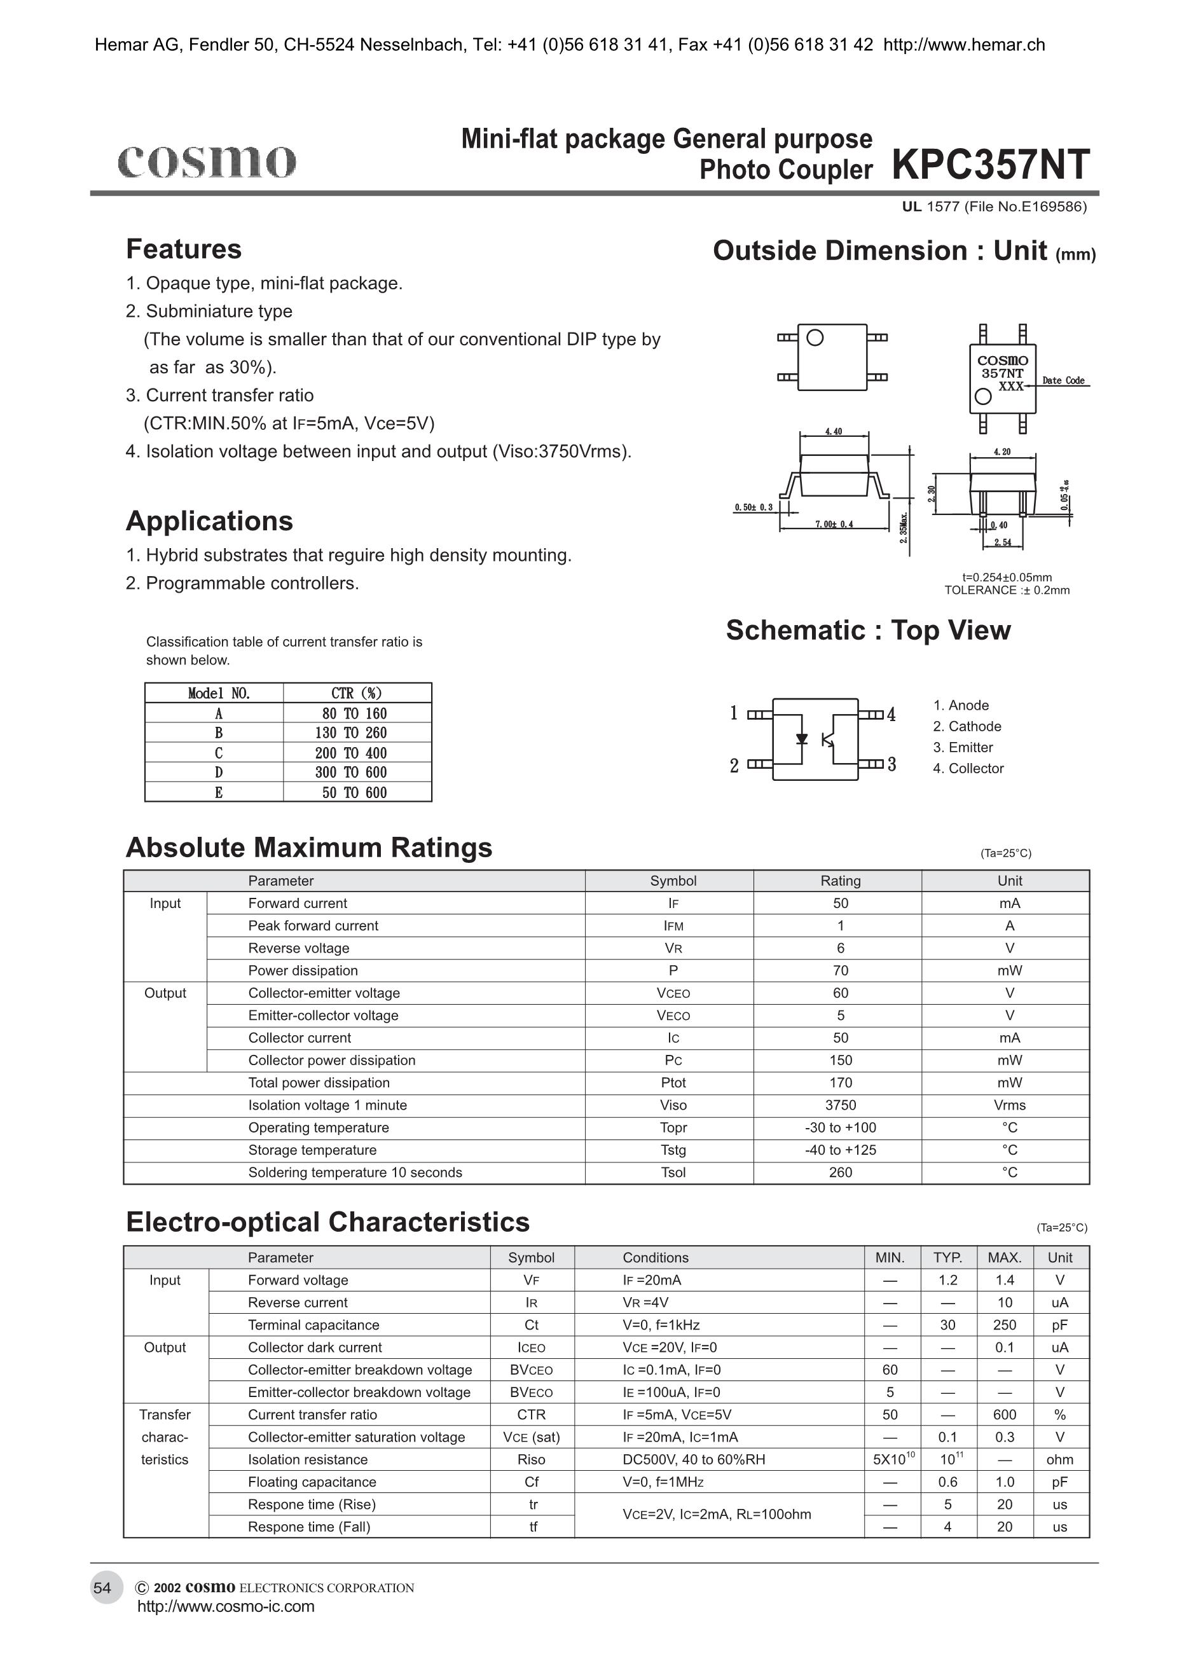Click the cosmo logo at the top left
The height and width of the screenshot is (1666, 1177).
point(207,161)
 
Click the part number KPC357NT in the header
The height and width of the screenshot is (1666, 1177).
point(991,165)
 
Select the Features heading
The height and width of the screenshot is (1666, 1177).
point(184,249)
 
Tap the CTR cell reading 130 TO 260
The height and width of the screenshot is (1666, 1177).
point(354,733)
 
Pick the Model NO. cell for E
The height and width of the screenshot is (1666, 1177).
point(218,792)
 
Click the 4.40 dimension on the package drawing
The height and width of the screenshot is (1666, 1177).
point(833,432)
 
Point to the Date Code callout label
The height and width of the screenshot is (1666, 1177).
point(1063,380)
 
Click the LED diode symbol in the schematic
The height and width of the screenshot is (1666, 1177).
point(802,739)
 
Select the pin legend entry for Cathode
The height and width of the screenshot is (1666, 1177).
point(967,726)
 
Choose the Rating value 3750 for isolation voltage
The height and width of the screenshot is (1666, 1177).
point(840,1105)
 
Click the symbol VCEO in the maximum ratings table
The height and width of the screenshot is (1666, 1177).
point(673,993)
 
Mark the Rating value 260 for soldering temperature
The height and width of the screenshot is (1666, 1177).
point(840,1173)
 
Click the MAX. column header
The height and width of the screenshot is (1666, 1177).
point(1004,1258)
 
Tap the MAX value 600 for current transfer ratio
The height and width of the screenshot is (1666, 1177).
point(1004,1414)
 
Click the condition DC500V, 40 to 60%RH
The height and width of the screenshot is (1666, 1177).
point(694,1459)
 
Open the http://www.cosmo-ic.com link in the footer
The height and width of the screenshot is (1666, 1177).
point(226,1606)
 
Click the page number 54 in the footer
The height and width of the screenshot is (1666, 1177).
point(102,1588)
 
